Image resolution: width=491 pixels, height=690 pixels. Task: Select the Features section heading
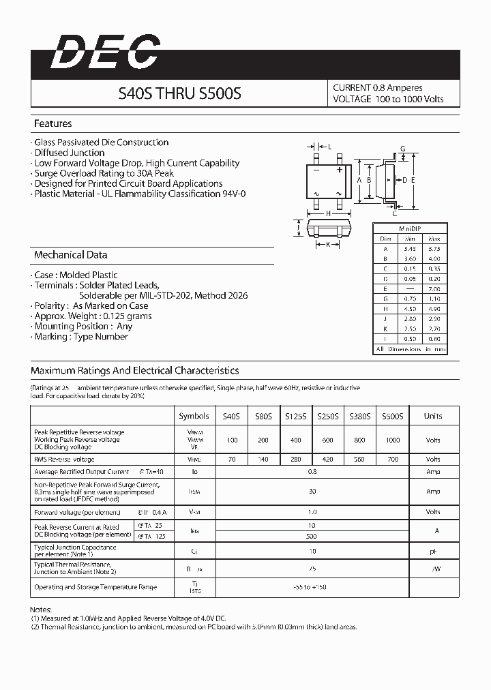click(53, 124)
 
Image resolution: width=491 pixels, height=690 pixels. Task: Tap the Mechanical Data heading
click(70, 255)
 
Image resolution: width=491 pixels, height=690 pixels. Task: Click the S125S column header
click(295, 416)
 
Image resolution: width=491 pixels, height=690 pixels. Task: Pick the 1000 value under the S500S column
click(393, 440)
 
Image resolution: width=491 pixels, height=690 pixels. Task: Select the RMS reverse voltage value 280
click(295, 460)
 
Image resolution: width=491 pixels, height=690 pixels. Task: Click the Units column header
click(433, 416)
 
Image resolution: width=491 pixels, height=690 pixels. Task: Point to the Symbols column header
click(194, 416)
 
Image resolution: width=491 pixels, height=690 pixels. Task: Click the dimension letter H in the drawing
click(328, 213)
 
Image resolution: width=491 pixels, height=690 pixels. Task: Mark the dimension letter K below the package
click(328, 243)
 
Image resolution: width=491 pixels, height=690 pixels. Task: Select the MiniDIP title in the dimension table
click(409, 228)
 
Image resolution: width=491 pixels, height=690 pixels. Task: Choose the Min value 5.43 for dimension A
click(409, 249)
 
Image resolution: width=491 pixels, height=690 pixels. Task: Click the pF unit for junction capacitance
click(433, 550)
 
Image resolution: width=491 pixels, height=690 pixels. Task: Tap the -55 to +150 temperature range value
click(312, 587)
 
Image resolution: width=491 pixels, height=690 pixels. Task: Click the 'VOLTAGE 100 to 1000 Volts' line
click(387, 100)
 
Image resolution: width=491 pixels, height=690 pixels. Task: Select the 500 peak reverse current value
click(312, 536)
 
